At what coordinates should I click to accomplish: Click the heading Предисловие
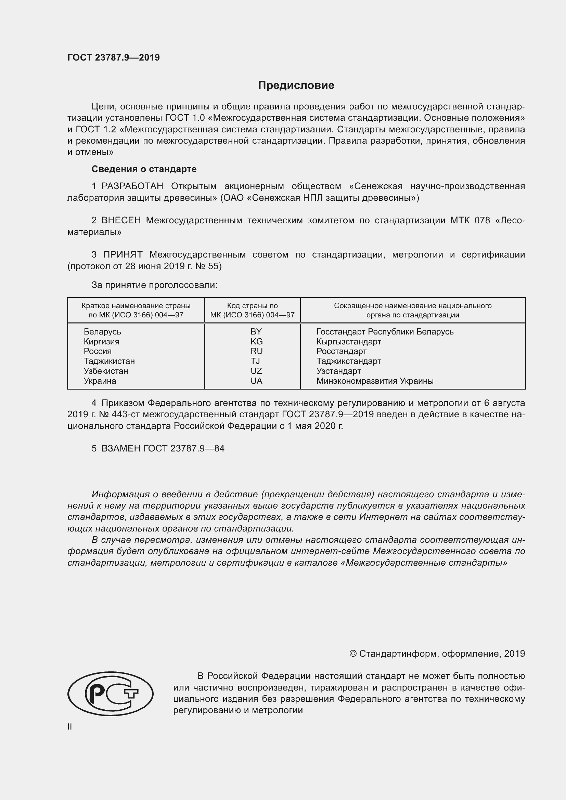point(296,86)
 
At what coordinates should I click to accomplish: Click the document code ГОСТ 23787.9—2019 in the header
point(114,57)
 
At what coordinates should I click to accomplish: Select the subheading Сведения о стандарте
point(144,169)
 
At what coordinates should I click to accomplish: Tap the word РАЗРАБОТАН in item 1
point(132,186)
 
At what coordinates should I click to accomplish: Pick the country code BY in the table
point(256,331)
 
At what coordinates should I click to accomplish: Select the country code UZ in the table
point(256,371)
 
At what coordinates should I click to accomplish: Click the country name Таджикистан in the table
point(109,361)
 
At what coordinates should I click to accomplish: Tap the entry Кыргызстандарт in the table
point(348,341)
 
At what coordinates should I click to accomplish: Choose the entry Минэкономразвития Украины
point(375,381)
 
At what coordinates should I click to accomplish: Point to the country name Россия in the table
point(98,351)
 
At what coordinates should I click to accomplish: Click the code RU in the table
point(256,351)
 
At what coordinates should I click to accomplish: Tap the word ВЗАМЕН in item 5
point(121,448)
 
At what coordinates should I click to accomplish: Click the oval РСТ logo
point(111,693)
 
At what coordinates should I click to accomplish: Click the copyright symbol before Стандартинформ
point(353,654)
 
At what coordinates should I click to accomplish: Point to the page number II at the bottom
point(70,726)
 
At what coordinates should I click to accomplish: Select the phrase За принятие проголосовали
point(154,285)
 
